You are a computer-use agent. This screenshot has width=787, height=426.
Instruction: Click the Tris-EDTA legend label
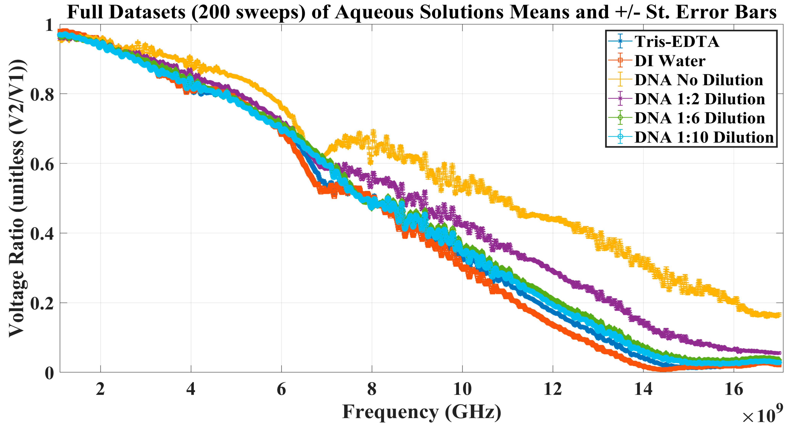677,42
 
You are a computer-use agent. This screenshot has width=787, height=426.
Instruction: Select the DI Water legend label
670,61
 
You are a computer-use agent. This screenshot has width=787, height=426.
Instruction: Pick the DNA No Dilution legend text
699,80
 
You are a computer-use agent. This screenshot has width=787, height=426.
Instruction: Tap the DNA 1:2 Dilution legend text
700,99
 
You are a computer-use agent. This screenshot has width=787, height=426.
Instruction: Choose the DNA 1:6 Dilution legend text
700,118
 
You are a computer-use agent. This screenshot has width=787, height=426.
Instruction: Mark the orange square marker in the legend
620,60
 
